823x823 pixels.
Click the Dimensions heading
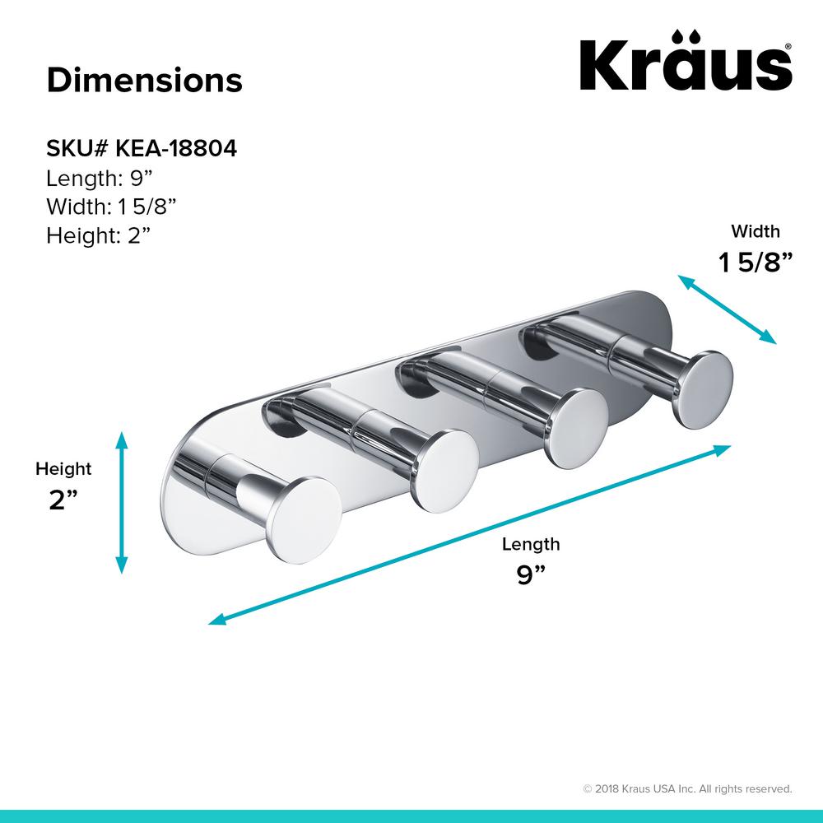144,81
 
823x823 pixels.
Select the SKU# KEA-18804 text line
142,148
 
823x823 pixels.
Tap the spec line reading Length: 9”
99,178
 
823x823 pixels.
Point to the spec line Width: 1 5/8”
111,207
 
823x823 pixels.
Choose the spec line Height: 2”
99,235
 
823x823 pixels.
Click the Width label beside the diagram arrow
756,231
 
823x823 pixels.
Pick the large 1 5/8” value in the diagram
755,262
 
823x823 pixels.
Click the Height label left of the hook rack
63,469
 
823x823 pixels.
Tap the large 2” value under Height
63,500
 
